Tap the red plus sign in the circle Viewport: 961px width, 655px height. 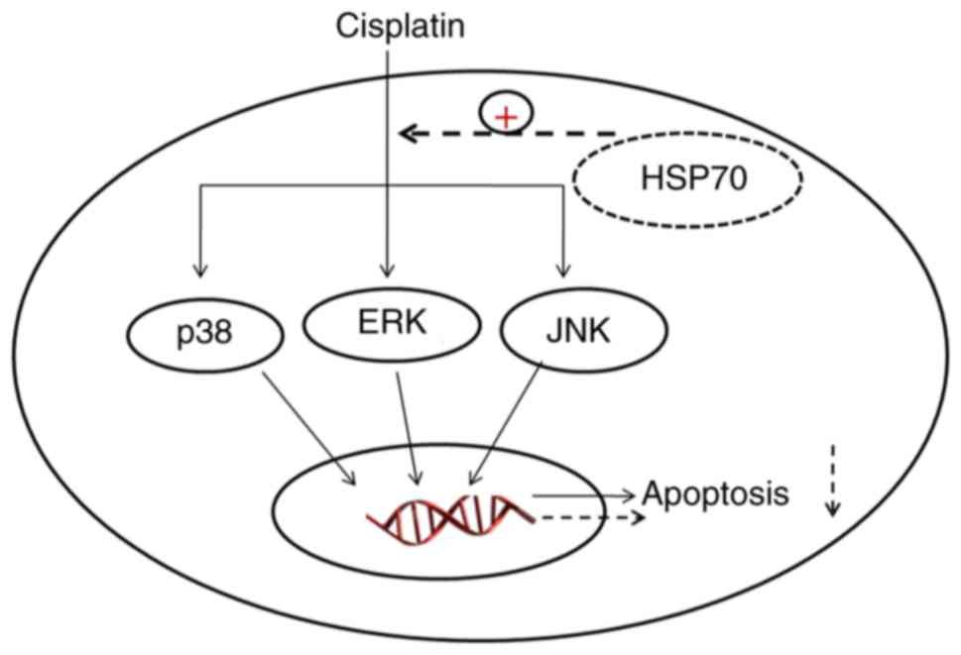pyautogui.click(x=506, y=117)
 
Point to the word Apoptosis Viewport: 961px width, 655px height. pyautogui.click(x=716, y=492)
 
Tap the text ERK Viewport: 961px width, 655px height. pyautogui.click(x=388, y=323)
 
